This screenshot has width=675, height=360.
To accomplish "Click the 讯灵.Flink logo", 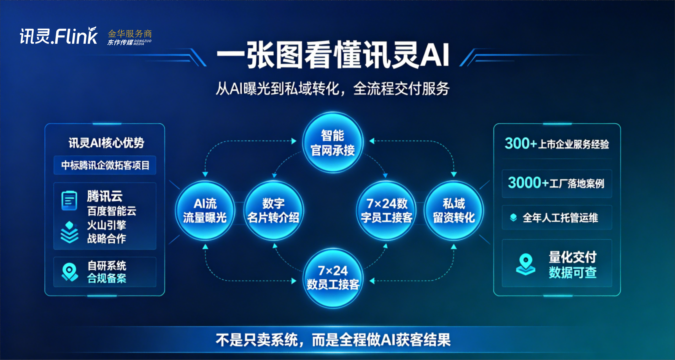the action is tap(58, 36).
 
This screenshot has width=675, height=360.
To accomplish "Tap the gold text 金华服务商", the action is tap(130, 34).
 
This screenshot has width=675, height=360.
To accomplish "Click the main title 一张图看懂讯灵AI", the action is tap(333, 55).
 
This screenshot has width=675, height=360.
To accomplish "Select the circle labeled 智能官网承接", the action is tap(333, 142).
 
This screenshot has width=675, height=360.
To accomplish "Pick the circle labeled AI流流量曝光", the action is tap(205, 211).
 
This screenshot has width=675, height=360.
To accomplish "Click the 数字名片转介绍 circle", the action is tap(273, 211).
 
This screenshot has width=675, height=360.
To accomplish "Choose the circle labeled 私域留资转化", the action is tap(454, 211).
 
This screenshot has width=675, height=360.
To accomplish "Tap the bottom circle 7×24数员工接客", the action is tap(333, 278).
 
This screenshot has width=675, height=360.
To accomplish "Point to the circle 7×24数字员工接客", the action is tap(387, 211).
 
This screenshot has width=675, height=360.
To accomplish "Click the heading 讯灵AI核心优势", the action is tap(106, 143).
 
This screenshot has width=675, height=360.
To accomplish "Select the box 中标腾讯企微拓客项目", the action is tap(105, 165).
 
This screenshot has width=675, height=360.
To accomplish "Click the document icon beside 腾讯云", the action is tap(69, 201).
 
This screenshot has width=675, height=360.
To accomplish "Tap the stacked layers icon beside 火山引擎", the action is tap(69, 232).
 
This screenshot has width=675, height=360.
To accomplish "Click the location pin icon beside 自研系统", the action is tap(70, 272).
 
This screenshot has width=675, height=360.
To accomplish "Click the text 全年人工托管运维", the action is tap(560, 218).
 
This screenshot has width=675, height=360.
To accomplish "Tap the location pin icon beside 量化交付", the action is tap(526, 264).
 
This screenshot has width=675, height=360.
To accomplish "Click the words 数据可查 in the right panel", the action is tap(573, 272).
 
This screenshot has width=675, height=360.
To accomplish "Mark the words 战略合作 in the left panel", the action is tap(107, 239).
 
